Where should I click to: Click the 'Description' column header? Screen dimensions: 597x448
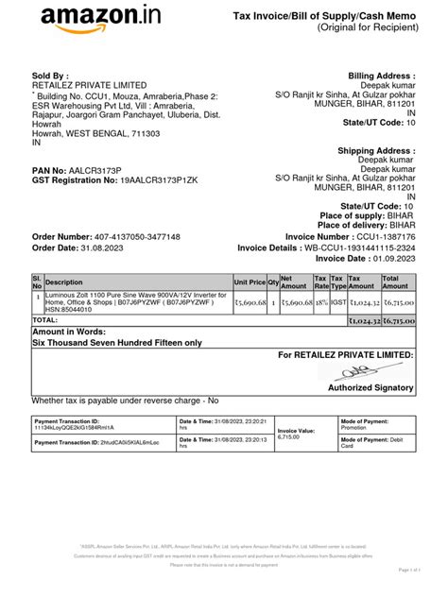tap(64, 282)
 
